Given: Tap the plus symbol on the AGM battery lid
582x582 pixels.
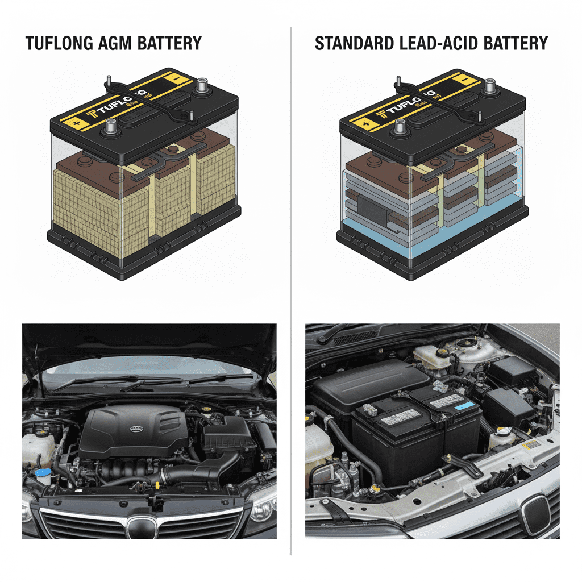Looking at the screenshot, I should point(73,121).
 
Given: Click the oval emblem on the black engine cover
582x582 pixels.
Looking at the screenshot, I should point(135,429).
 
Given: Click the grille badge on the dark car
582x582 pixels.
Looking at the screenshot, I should point(137,526).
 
